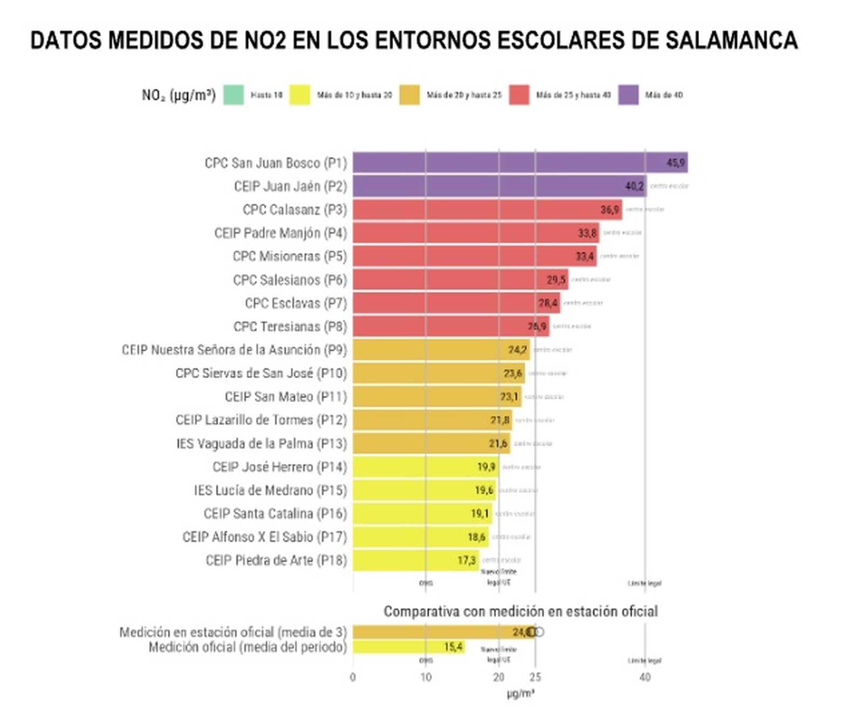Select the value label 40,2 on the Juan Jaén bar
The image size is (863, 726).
[x=634, y=186]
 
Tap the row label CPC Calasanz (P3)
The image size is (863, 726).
[x=294, y=210]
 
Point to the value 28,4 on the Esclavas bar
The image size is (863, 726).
[x=548, y=303]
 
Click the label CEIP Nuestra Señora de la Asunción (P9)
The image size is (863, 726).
[x=234, y=350]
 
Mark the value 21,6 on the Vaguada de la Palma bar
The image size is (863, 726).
[x=498, y=444]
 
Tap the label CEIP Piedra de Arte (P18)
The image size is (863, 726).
[x=276, y=561]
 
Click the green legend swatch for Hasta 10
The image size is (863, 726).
[x=234, y=95]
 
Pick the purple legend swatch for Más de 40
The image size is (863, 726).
[x=628, y=95]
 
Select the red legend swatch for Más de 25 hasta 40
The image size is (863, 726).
[x=519, y=95]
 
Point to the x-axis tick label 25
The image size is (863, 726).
[x=535, y=677]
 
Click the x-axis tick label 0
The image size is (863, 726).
[x=353, y=677]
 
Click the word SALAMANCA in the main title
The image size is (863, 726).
[x=731, y=40]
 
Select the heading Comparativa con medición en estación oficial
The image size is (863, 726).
[x=520, y=612]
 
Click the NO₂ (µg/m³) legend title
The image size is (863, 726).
[x=179, y=95]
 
